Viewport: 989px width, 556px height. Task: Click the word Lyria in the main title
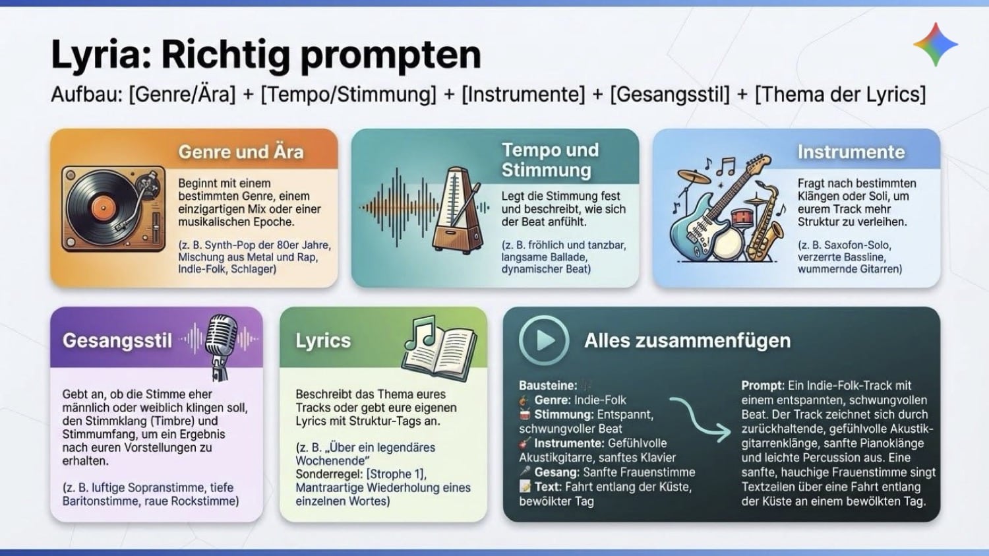101,55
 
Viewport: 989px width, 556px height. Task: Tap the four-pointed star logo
935,44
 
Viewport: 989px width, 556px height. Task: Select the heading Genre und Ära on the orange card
241,152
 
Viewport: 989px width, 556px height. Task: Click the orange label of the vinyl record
104,208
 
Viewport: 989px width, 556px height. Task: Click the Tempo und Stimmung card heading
550,160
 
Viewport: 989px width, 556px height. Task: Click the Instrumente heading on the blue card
851,152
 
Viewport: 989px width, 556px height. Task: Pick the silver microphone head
222,335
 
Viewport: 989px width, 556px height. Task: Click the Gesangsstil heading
117,340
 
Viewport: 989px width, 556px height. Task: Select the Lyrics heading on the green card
323,340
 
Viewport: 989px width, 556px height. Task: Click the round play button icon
543,340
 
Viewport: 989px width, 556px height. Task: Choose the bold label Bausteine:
548,386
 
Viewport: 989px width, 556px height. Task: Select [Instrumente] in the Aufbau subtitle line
524,94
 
